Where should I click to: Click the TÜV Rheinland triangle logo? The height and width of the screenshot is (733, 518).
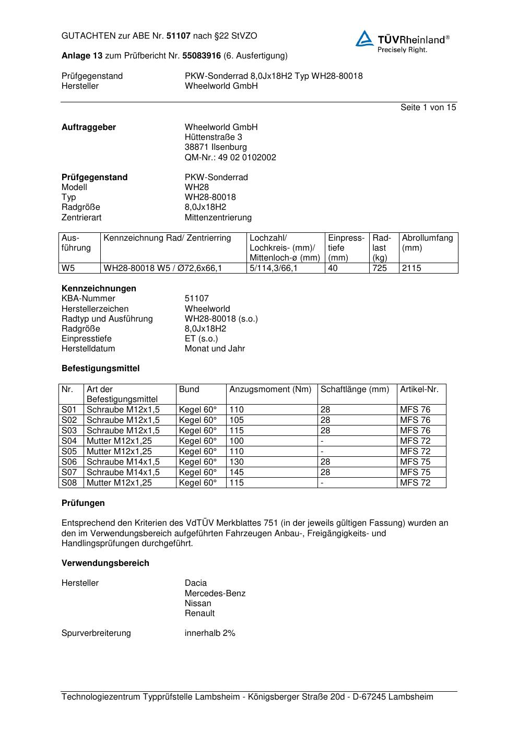[x=364, y=39]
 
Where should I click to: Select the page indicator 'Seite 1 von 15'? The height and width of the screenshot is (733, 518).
[x=428, y=108]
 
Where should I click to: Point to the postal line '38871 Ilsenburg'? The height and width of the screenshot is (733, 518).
[x=216, y=147]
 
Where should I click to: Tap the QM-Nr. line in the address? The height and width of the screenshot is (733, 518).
[x=230, y=157]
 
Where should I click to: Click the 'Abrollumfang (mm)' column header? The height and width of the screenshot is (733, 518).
[x=427, y=243]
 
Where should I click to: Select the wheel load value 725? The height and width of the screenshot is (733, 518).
[x=380, y=268]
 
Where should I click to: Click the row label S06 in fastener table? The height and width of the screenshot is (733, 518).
[x=69, y=462]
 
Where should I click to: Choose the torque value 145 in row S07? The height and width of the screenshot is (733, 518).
[x=237, y=472]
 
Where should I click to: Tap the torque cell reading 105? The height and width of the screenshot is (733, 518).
[x=237, y=420]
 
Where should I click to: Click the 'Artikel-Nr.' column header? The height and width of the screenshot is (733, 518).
[x=419, y=389]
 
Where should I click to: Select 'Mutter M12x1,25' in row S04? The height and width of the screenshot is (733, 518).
[x=119, y=441]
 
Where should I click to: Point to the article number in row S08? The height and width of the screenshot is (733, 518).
[x=415, y=483]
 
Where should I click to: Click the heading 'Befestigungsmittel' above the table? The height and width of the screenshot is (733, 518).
[x=100, y=369]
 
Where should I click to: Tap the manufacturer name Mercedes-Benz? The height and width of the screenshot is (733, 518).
[x=215, y=594]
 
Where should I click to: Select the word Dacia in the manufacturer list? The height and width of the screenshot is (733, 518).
[x=195, y=583]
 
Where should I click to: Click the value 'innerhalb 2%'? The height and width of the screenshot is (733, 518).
[x=210, y=633]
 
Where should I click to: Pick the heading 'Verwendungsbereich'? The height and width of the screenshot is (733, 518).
[x=105, y=563]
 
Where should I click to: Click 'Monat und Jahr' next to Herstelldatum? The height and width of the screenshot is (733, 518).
[x=215, y=349]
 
